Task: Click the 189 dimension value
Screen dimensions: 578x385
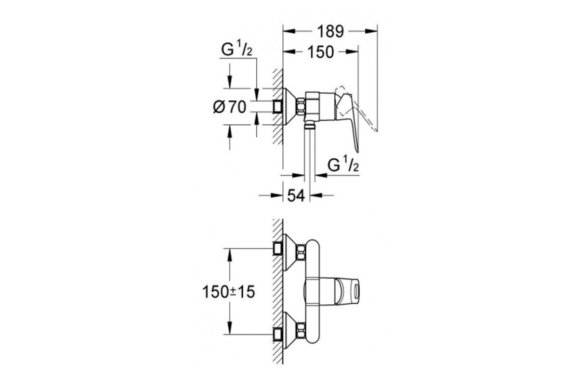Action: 330,31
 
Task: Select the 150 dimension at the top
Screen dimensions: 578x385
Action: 321,52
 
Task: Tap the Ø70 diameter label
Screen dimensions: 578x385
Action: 230,107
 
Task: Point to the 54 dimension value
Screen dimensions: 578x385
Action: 296,195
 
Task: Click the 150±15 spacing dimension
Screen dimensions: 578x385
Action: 229,292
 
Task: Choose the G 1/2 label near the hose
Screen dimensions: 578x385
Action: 343,165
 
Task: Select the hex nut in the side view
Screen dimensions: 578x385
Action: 301,107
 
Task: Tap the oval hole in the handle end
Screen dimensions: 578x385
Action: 356,292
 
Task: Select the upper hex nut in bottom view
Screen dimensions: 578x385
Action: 301,253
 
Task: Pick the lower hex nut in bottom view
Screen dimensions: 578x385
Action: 301,331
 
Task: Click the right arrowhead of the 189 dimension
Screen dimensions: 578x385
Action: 371,31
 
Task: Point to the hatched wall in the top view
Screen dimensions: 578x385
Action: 278,107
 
